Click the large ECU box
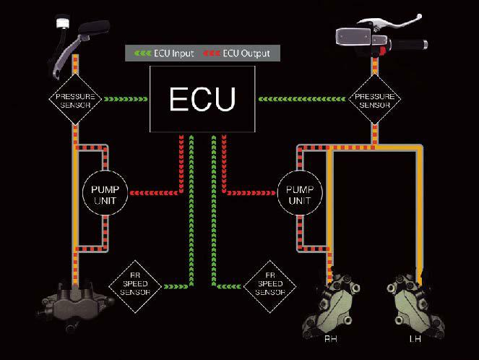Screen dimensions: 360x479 pos(202,100)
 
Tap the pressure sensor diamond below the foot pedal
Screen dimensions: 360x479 pos(76,99)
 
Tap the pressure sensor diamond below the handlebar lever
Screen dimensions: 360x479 pos(374,99)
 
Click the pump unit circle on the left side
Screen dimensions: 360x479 pos(105,192)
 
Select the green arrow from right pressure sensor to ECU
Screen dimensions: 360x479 pos(307,99)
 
